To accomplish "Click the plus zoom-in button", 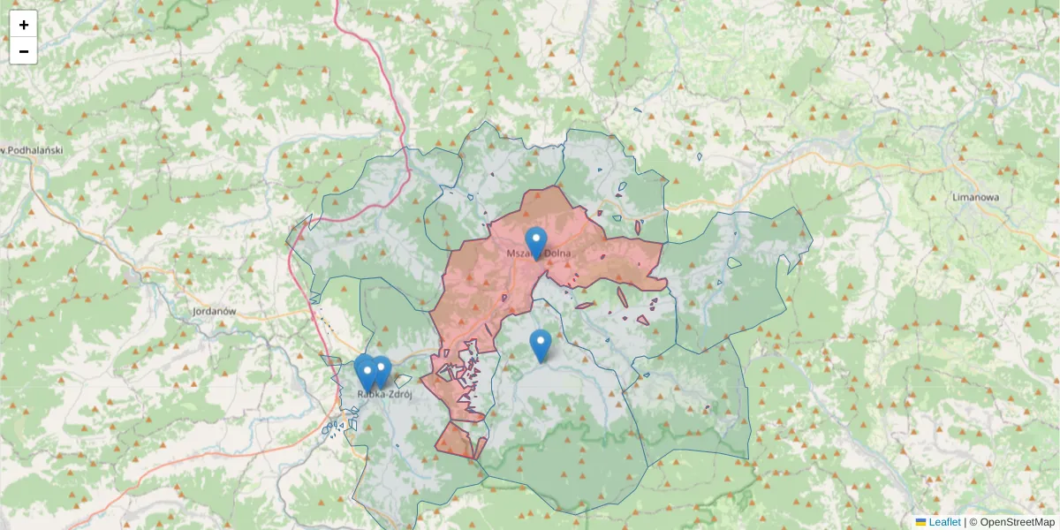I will click(x=24, y=25).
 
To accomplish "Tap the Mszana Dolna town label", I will click(x=539, y=254).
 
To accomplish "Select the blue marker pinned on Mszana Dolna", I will click(x=535, y=240).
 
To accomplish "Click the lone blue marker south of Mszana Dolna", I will click(x=540, y=344).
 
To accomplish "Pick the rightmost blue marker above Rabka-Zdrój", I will click(x=382, y=370).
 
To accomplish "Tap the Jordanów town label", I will click(x=214, y=312).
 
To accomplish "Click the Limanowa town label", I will click(x=975, y=197).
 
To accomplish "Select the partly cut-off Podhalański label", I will click(x=32, y=150).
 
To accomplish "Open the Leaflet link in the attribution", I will click(x=944, y=522).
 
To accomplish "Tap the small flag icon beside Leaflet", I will click(x=920, y=522).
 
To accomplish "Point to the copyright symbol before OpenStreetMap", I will click(x=973, y=522).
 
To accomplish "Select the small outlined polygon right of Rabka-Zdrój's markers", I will click(x=404, y=382).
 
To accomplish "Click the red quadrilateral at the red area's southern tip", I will click(x=457, y=440).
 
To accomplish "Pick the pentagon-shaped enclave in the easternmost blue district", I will click(x=733, y=261).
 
